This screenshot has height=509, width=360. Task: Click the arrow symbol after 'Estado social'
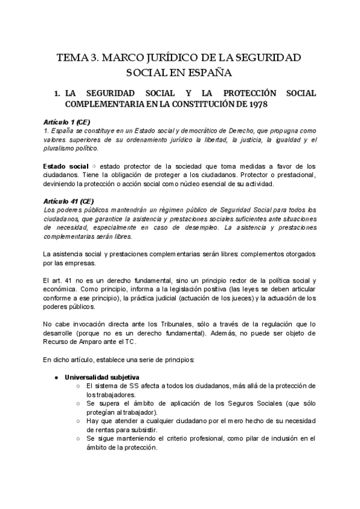[x=93, y=166]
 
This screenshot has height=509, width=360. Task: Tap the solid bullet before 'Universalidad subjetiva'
[x=56, y=377]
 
